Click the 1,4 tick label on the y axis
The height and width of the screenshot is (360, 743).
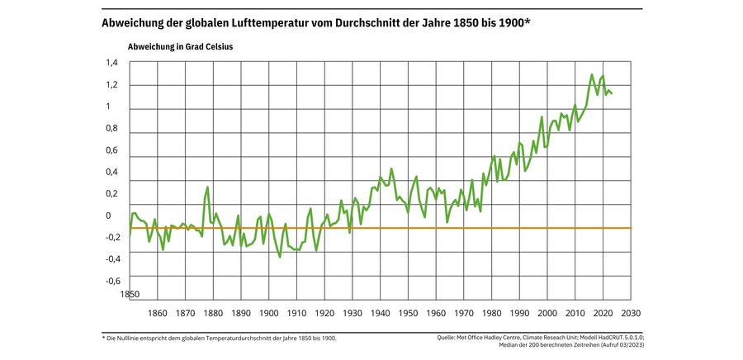coord(112,63)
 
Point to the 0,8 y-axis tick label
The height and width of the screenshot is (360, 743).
coord(112,128)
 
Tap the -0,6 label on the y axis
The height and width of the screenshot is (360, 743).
coord(111,281)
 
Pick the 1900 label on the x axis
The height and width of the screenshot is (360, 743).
coord(269,313)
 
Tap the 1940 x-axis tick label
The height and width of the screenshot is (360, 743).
coord(381,313)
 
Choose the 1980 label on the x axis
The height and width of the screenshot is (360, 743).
coord(492,313)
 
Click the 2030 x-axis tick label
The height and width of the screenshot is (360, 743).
coord(631,313)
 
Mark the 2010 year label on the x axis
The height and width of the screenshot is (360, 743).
coord(575,313)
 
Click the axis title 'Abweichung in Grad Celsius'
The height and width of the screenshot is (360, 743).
coord(180,46)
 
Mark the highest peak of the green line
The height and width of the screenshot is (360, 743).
coord(592,75)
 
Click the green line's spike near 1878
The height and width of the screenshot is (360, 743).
coord(208,187)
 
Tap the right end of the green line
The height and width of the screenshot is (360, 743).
coord(611,93)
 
